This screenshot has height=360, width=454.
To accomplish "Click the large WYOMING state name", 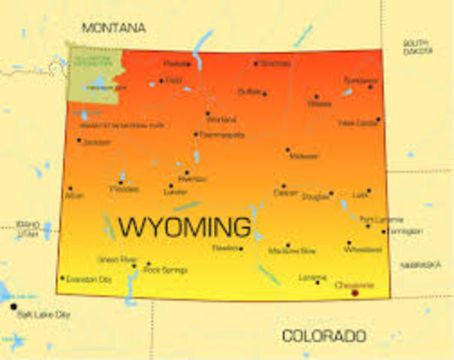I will (x=185, y=225).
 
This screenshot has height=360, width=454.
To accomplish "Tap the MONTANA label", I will (x=113, y=28).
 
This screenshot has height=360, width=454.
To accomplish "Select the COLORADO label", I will (x=323, y=336).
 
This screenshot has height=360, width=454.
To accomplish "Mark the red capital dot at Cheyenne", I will (x=355, y=292).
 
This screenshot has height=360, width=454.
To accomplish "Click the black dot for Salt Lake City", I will (x=13, y=306).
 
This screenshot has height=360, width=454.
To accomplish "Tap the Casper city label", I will (x=285, y=193).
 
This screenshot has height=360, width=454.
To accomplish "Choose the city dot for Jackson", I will (x=79, y=139).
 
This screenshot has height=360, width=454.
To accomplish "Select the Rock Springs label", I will (x=165, y=269).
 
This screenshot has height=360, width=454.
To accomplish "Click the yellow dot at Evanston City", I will (x=62, y=277).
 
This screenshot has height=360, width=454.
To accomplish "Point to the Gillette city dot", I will (x=316, y=96).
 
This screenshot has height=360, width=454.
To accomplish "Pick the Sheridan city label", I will (x=275, y=64).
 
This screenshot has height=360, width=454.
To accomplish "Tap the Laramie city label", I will (x=312, y=277).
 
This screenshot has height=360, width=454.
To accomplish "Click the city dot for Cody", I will (x=161, y=80).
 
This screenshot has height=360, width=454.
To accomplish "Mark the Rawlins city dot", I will (x=241, y=248).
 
